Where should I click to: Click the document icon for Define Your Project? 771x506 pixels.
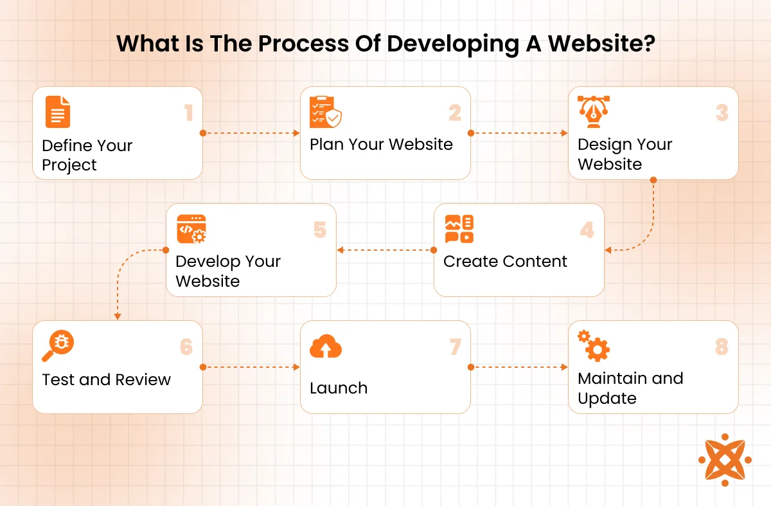tap(58, 112)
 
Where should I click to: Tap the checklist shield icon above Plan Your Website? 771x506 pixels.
tap(326, 113)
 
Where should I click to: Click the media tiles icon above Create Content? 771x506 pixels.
tap(459, 229)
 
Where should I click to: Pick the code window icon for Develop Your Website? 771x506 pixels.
tap(191, 229)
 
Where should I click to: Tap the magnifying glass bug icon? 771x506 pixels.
tap(58, 347)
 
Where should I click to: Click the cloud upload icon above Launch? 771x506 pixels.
tap(326, 347)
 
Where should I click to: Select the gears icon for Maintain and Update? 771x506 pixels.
tap(594, 346)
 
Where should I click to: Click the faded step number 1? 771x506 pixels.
tap(188, 113)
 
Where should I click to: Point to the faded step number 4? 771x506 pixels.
tap(587, 230)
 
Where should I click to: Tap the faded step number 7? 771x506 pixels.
tap(455, 347)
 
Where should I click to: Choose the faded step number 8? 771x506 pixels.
tap(722, 347)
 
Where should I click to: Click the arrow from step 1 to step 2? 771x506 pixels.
tap(251, 134)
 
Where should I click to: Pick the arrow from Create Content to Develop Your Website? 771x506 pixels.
tap(385, 250)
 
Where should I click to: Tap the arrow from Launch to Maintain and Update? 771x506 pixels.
tap(519, 367)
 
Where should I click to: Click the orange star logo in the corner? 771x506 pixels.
tap(725, 460)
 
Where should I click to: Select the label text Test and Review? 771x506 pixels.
tap(106, 380)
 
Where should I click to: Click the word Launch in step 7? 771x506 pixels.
tap(339, 388)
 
